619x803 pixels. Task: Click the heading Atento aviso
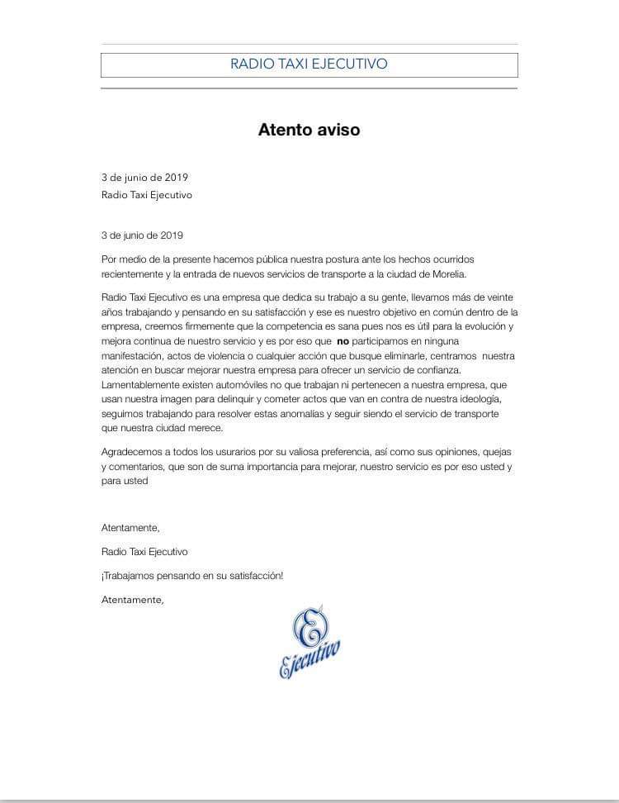309,130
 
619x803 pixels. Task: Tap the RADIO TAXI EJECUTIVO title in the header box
309,64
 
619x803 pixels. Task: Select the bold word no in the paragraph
345,340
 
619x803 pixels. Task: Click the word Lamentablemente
144,385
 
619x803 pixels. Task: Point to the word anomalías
341,415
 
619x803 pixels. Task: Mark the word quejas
494,452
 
